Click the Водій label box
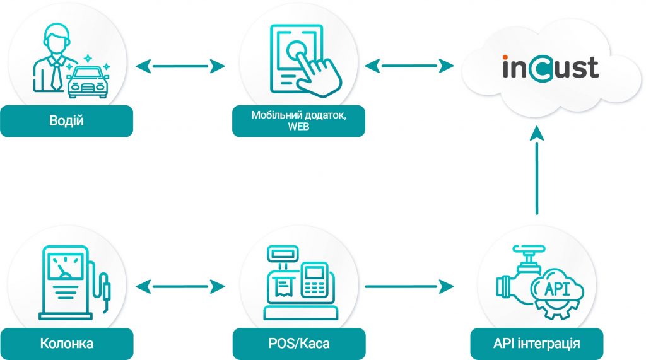tap(66, 120)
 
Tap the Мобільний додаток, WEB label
tap(298, 120)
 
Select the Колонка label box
tap(66, 344)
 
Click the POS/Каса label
tap(298, 344)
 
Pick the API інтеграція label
tap(537, 344)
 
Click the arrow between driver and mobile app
tap(180, 65)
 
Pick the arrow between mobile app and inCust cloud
tap(410, 65)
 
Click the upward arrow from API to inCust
tap(537, 170)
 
